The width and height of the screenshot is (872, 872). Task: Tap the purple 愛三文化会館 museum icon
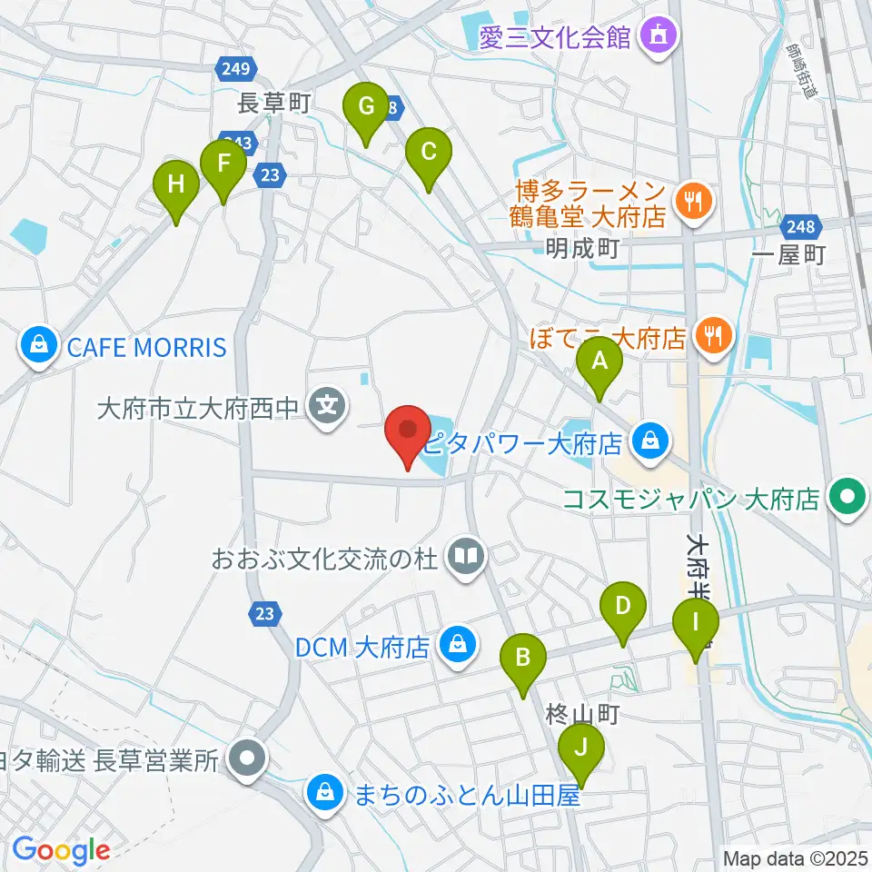(x=658, y=36)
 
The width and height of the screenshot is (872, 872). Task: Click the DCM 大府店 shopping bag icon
(x=454, y=647)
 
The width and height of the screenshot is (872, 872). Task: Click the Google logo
(x=61, y=850)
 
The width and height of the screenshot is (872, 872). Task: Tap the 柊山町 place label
(x=582, y=715)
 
